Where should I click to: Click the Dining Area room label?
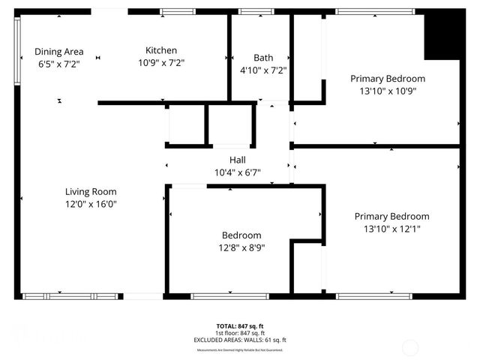pos(58,52)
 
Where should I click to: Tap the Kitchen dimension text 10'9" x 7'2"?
pos(160,63)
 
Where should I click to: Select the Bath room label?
pos(263,57)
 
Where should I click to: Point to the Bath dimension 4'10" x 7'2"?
pos(263,70)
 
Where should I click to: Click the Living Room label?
pos(90,191)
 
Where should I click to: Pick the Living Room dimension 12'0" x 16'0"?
pos(90,203)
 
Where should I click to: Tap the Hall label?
pos(237,160)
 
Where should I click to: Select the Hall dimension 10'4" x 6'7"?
pos(237,172)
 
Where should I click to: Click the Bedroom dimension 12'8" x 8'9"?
pos(241,247)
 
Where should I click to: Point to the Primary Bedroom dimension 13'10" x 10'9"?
pos(388,91)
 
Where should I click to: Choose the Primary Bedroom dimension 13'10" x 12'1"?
pos(391,229)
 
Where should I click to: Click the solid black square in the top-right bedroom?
pos(442,37)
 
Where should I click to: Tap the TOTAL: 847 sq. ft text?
pos(240,326)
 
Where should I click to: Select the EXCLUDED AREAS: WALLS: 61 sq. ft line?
pos(240,340)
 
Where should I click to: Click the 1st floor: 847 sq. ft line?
pos(240,333)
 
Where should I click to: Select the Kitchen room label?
pos(160,50)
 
